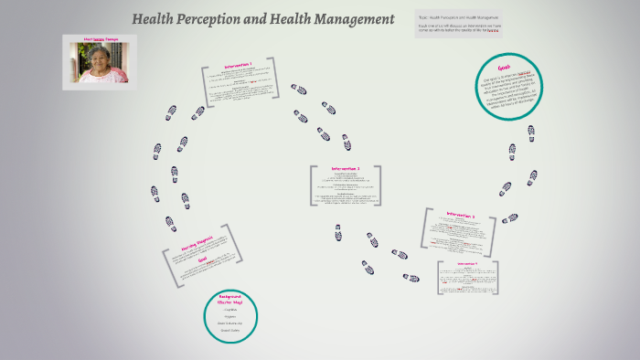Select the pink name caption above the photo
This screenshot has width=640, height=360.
[99, 40]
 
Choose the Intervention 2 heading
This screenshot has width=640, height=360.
[346, 169]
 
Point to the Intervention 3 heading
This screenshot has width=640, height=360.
[461, 215]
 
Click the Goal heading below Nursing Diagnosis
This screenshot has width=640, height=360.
[203, 260]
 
